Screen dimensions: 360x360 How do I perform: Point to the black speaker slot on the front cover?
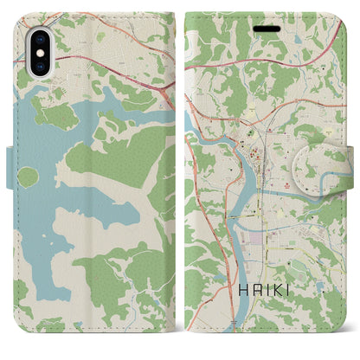[266, 25]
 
